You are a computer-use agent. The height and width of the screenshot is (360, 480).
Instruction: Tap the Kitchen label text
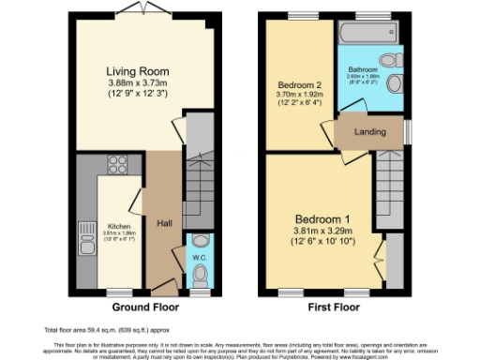pyautogui.click(x=118, y=226)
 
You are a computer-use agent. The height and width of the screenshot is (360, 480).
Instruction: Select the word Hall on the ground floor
pyautogui.click(x=163, y=223)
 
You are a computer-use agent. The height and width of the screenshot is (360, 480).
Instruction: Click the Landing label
pyautogui.click(x=369, y=132)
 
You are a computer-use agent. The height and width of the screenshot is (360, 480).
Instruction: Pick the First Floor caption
pyautogui.click(x=336, y=307)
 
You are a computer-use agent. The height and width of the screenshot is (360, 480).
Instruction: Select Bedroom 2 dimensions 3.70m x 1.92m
pyautogui.click(x=298, y=95)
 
